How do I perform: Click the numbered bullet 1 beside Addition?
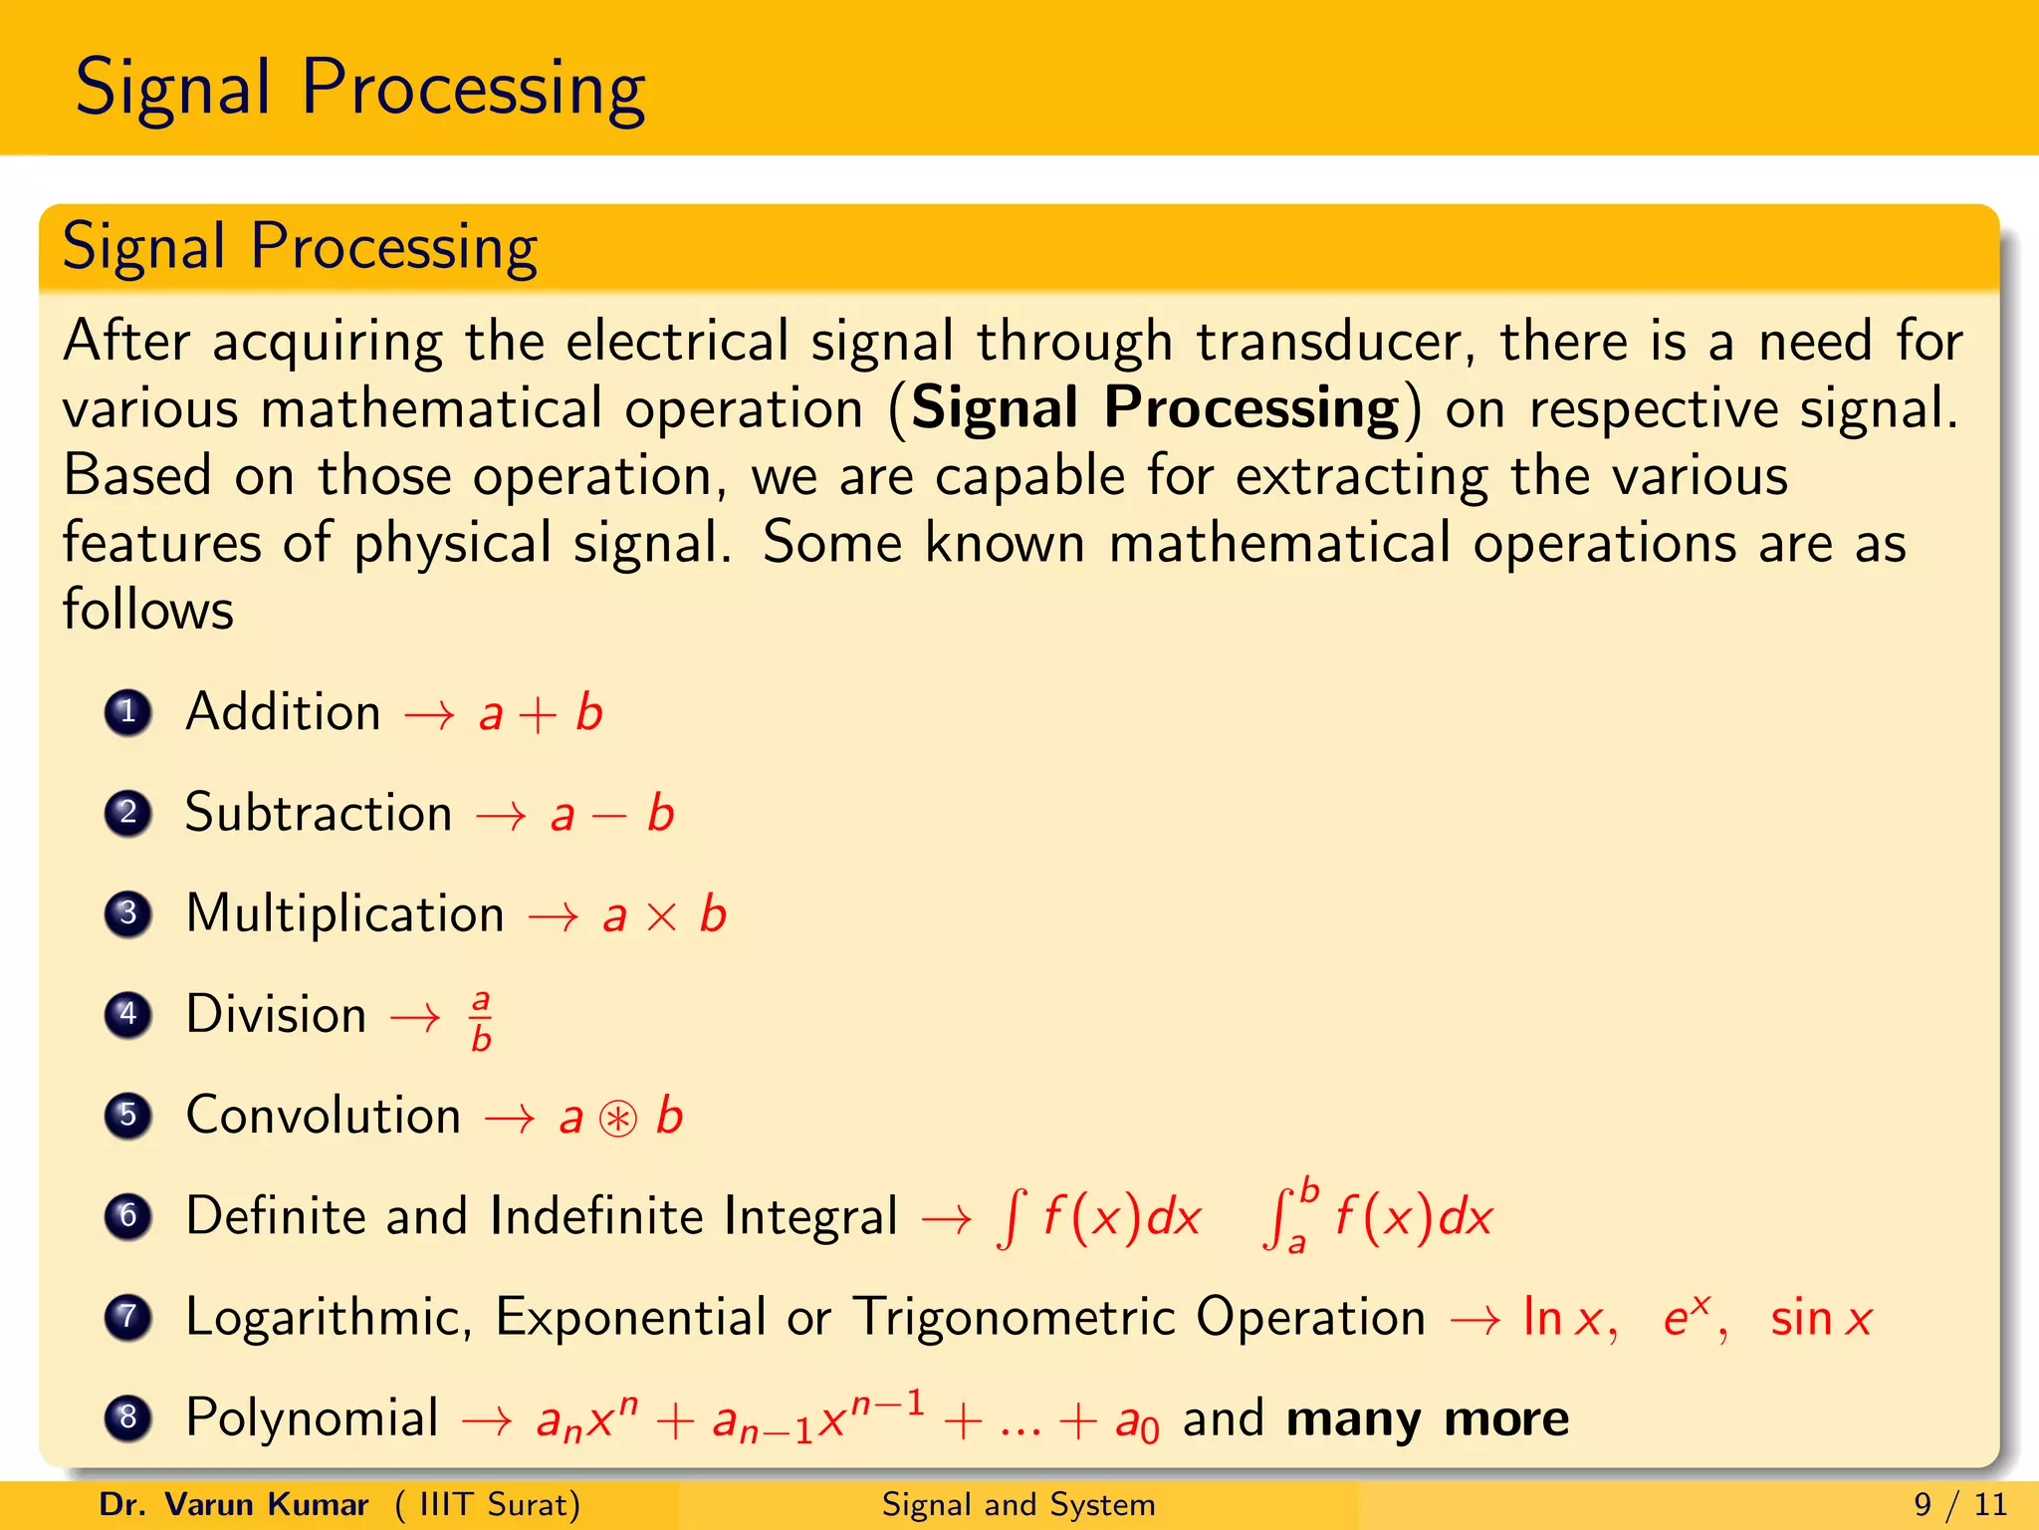(127, 712)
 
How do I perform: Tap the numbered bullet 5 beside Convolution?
(127, 1115)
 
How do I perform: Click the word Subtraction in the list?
(319, 813)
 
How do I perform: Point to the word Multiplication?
(344, 913)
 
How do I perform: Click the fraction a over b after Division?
(481, 1019)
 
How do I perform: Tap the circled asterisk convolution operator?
(618, 1119)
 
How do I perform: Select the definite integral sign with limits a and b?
(1280, 1216)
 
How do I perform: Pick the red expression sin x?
(1821, 1318)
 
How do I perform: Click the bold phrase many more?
(1428, 1417)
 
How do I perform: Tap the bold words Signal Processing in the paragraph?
(1155, 408)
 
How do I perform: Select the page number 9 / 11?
(1960, 1504)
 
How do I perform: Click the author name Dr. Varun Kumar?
(234, 1504)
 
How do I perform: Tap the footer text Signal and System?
(1019, 1504)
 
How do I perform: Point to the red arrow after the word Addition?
(429, 714)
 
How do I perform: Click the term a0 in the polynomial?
(1137, 1421)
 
